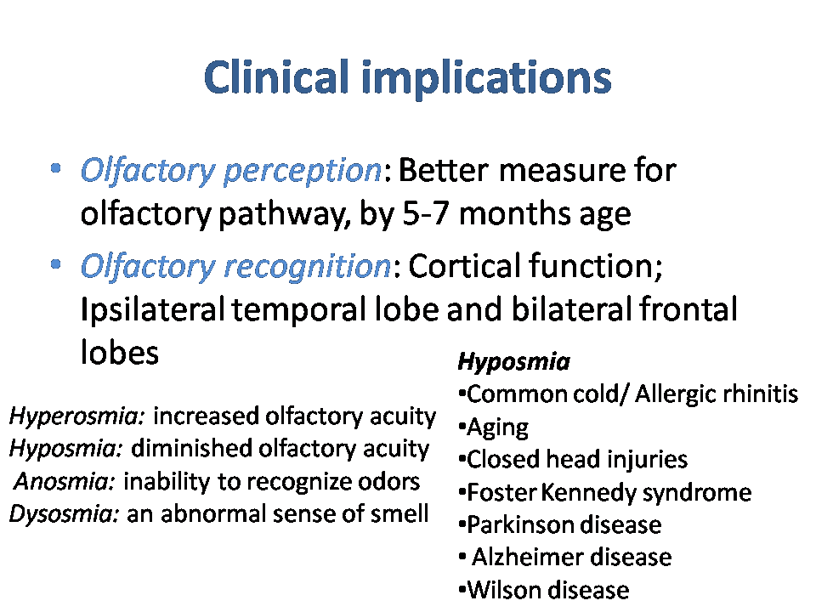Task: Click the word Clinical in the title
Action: tap(276, 77)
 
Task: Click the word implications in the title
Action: tap(486, 78)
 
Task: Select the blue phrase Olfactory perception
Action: tap(231, 171)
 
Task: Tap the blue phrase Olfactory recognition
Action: tap(235, 266)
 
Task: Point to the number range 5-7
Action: tap(425, 213)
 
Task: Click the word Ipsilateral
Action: tap(153, 309)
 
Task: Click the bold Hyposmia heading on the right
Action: tap(513, 362)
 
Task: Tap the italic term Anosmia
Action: tap(65, 481)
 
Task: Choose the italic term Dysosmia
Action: tap(65, 514)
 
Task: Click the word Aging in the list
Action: tap(497, 428)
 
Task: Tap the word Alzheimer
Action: tap(528, 557)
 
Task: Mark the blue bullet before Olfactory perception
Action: tap(56, 168)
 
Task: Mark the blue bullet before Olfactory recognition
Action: tap(56, 264)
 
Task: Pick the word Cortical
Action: tap(465, 266)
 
